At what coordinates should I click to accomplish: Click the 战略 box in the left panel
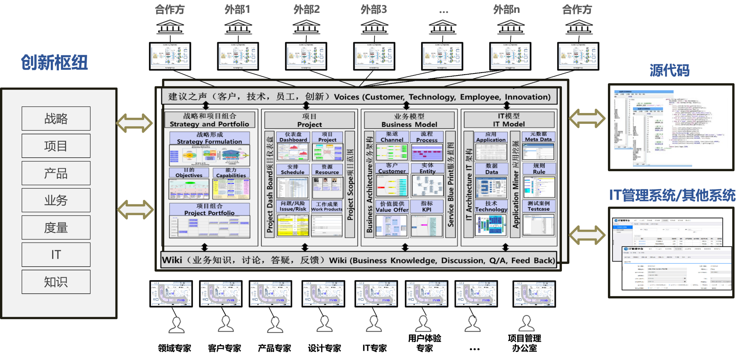click(x=56, y=119)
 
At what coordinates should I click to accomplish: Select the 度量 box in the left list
click(x=56, y=228)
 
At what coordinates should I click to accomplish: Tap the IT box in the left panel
click(x=56, y=255)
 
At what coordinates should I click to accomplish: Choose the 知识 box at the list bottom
click(x=56, y=282)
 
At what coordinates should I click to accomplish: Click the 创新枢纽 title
click(x=54, y=63)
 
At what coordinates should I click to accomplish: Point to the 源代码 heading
click(x=670, y=70)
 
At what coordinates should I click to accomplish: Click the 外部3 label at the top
click(x=374, y=9)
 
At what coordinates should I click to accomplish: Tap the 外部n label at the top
click(x=506, y=9)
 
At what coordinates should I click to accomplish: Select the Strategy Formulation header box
click(x=210, y=138)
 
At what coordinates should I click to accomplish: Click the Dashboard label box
click(x=293, y=137)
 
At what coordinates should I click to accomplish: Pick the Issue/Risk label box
click(x=293, y=206)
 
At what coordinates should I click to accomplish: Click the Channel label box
click(x=392, y=137)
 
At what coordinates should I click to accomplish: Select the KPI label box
click(x=427, y=206)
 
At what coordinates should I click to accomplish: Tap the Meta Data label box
click(x=539, y=137)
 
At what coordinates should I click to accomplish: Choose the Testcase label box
click(x=539, y=206)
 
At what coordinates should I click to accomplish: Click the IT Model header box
click(x=509, y=120)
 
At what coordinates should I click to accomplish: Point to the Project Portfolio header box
click(x=210, y=209)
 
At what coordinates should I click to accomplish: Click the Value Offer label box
click(x=392, y=206)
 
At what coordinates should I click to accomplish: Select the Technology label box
click(x=491, y=206)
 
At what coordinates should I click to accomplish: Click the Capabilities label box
click(x=231, y=173)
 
